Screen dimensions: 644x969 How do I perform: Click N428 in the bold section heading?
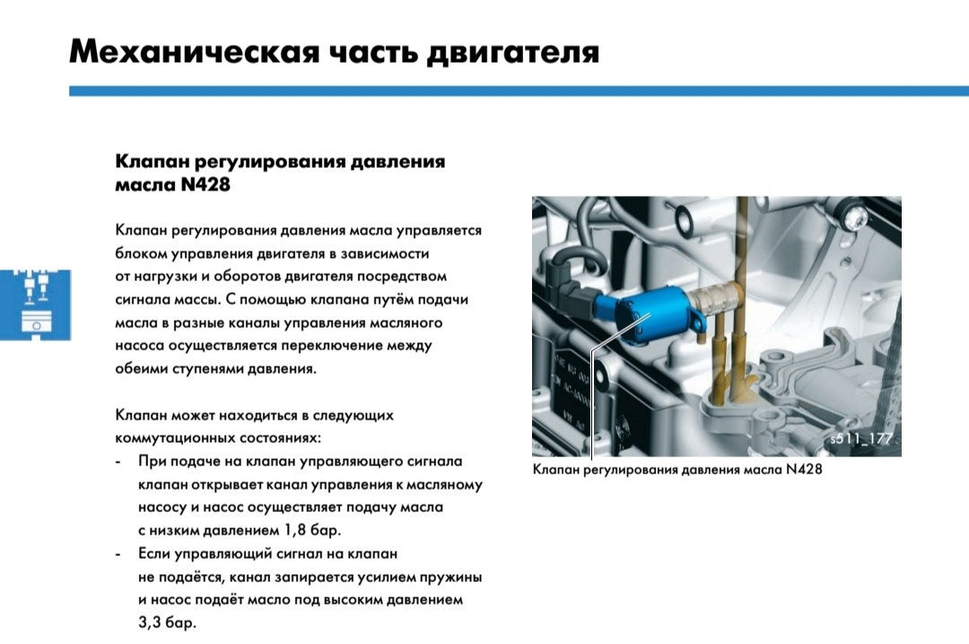point(206,184)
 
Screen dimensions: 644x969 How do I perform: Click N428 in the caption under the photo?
point(804,470)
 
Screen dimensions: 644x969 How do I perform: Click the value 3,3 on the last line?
point(154,622)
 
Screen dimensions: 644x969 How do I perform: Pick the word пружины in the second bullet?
point(446,577)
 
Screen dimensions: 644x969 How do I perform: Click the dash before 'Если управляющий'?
point(119,554)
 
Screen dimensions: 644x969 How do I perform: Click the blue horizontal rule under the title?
point(519,91)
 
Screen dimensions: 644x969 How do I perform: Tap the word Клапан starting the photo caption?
point(557,470)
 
